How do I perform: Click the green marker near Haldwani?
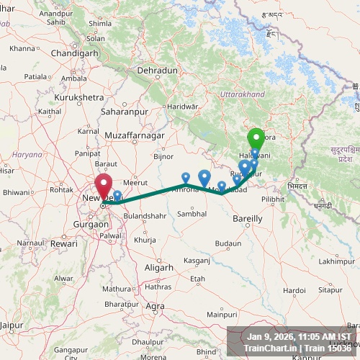(x=256, y=138)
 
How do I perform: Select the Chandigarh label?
(x=75, y=53)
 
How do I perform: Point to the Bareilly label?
(x=247, y=217)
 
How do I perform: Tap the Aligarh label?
(x=159, y=267)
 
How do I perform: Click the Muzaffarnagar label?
(x=135, y=135)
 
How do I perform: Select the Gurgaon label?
(x=91, y=225)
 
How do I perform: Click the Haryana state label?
(x=27, y=154)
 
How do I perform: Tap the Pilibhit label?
(x=273, y=198)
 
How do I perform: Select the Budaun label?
(x=228, y=243)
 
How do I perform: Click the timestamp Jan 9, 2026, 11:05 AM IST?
(x=299, y=336)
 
